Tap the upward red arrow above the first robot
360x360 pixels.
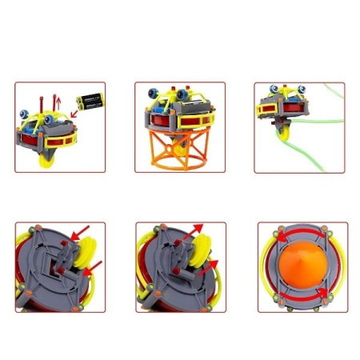[56, 100]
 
